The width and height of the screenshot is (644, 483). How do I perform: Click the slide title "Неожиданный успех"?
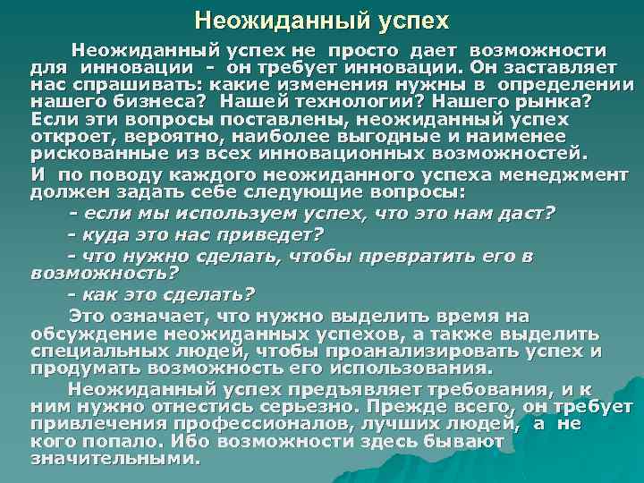point(321,19)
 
